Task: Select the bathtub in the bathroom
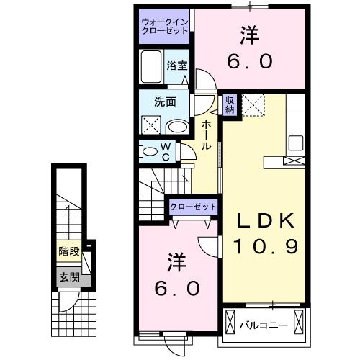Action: click(153, 68)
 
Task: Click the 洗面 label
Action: click(165, 102)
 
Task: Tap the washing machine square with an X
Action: click(153, 125)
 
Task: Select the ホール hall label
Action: click(207, 134)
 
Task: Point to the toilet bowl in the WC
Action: click(150, 151)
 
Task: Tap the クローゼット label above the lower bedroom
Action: click(193, 207)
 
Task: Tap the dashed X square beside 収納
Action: click(253, 105)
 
